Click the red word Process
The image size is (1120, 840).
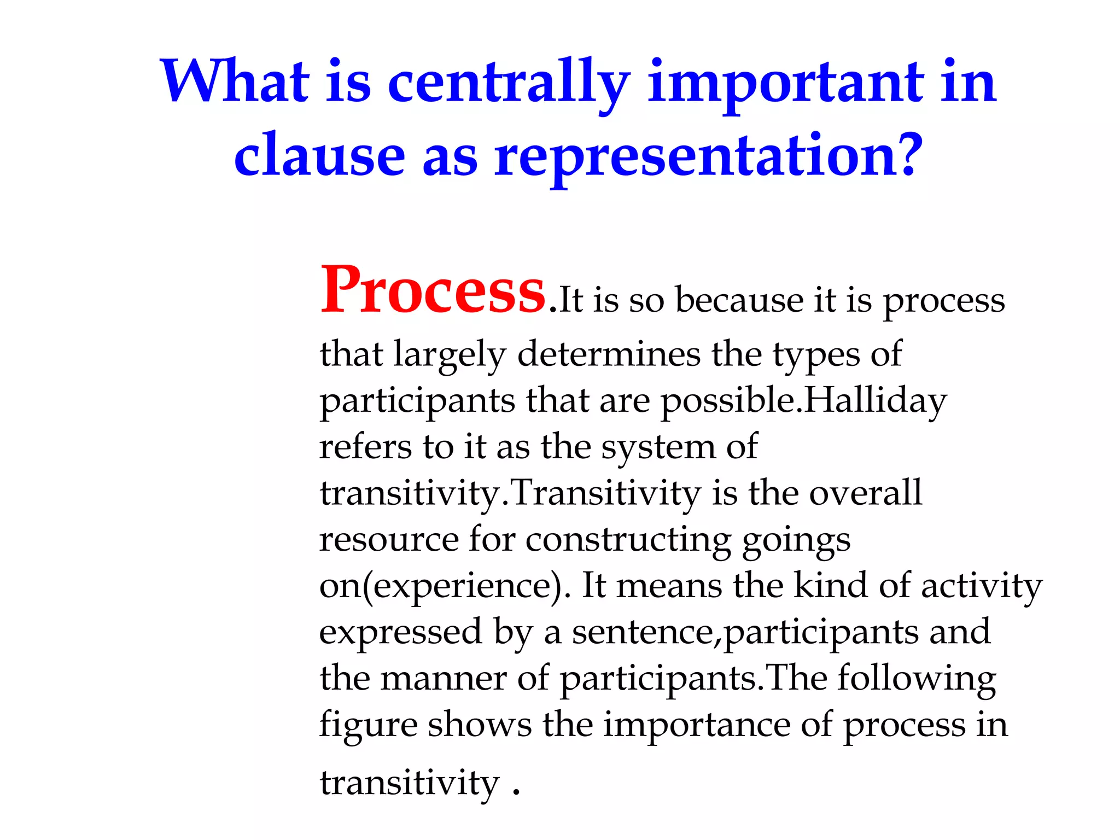433,291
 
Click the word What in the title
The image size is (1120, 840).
235,82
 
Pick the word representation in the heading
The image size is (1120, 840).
695,159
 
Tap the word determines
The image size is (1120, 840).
608,354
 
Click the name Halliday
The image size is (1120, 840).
875,401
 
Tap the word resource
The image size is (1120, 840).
389,540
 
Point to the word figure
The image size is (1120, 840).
367,726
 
